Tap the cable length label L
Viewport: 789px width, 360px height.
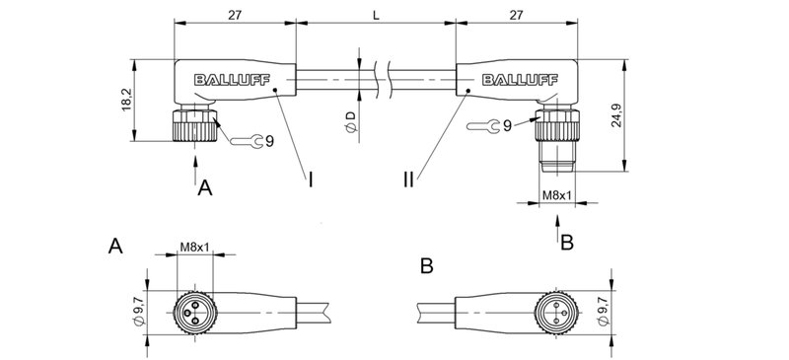[376, 15]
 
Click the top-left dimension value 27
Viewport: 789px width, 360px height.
[234, 15]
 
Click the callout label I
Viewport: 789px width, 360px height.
[311, 180]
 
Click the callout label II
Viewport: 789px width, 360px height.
[408, 180]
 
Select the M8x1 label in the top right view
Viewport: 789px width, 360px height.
[557, 196]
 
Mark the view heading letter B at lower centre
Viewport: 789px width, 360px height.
[426, 265]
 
